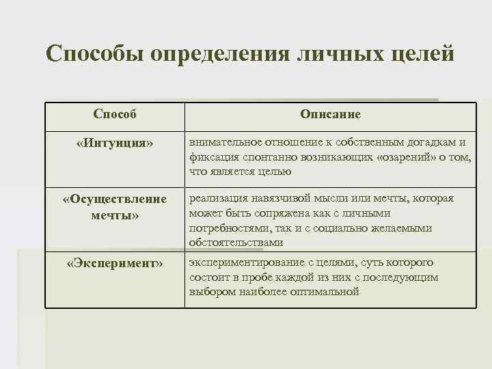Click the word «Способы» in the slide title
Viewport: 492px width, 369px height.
(x=94, y=53)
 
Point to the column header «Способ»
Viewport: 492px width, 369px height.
(x=115, y=114)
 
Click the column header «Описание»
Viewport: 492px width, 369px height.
(x=330, y=114)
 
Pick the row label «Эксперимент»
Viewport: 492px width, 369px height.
(x=115, y=264)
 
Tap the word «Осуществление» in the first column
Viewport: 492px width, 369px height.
(x=115, y=199)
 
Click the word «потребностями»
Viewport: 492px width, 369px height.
(x=228, y=228)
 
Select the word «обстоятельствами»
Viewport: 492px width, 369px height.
(x=236, y=243)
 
